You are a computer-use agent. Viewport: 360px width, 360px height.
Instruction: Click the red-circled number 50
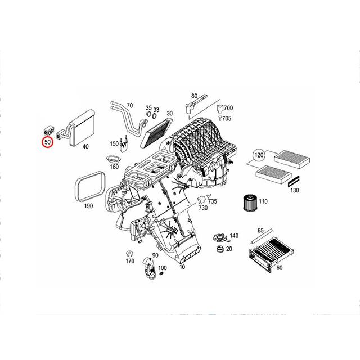48,143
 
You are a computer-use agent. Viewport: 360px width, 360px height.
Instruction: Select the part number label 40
85,147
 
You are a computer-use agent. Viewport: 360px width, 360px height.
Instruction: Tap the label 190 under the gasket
88,206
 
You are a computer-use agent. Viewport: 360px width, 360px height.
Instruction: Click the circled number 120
258,155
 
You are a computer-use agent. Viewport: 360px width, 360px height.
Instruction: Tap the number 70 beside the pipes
129,105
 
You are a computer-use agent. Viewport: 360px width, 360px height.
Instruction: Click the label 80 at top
194,96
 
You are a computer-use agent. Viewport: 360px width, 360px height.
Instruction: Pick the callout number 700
228,108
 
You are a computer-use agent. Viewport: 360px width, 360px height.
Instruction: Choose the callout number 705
227,119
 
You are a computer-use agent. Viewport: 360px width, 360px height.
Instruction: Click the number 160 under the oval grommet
114,166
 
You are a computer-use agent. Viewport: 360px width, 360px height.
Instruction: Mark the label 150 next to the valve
114,143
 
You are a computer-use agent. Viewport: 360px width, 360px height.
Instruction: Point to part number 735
212,201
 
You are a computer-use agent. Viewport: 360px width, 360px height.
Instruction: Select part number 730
202,209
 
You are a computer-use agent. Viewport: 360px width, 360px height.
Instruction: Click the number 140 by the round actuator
234,236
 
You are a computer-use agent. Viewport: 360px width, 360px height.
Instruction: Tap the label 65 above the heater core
260,231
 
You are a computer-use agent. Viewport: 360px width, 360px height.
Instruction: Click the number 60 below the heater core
279,268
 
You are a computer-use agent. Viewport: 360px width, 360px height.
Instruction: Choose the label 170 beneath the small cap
130,260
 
